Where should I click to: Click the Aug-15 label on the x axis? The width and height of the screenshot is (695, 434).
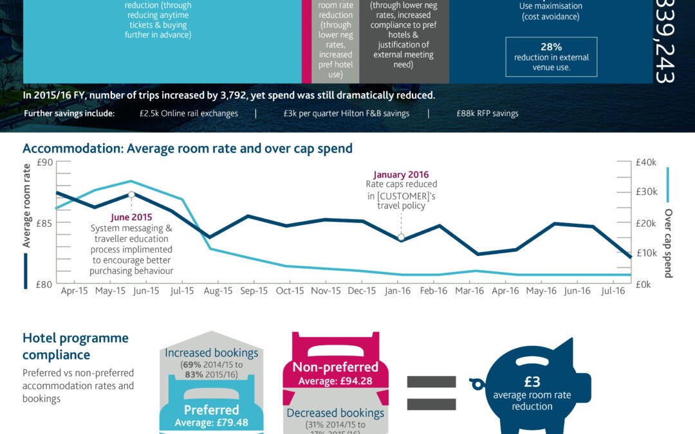point(218,291)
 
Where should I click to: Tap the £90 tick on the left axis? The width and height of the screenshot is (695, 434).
point(44,163)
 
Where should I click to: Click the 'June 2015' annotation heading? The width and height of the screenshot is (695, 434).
point(131,217)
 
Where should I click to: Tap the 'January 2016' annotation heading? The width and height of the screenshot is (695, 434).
point(401,174)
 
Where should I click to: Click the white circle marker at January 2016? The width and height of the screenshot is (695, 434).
point(401,237)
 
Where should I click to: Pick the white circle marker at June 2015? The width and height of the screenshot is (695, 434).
point(131,194)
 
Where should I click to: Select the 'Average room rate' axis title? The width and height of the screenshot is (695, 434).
point(27,206)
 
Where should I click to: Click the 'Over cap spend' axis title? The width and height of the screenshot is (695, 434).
point(668,243)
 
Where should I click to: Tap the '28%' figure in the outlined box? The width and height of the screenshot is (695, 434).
point(551,47)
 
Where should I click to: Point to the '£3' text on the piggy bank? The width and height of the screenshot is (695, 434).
point(532,382)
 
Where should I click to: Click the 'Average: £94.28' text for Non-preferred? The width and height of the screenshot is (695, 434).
point(335,381)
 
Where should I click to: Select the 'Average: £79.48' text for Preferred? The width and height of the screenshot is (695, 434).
point(212,422)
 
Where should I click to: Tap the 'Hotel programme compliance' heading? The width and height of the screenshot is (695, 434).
point(75,346)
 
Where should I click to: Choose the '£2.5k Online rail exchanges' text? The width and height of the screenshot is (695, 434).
point(189,113)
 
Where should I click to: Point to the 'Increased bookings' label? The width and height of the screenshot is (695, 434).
point(211,353)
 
